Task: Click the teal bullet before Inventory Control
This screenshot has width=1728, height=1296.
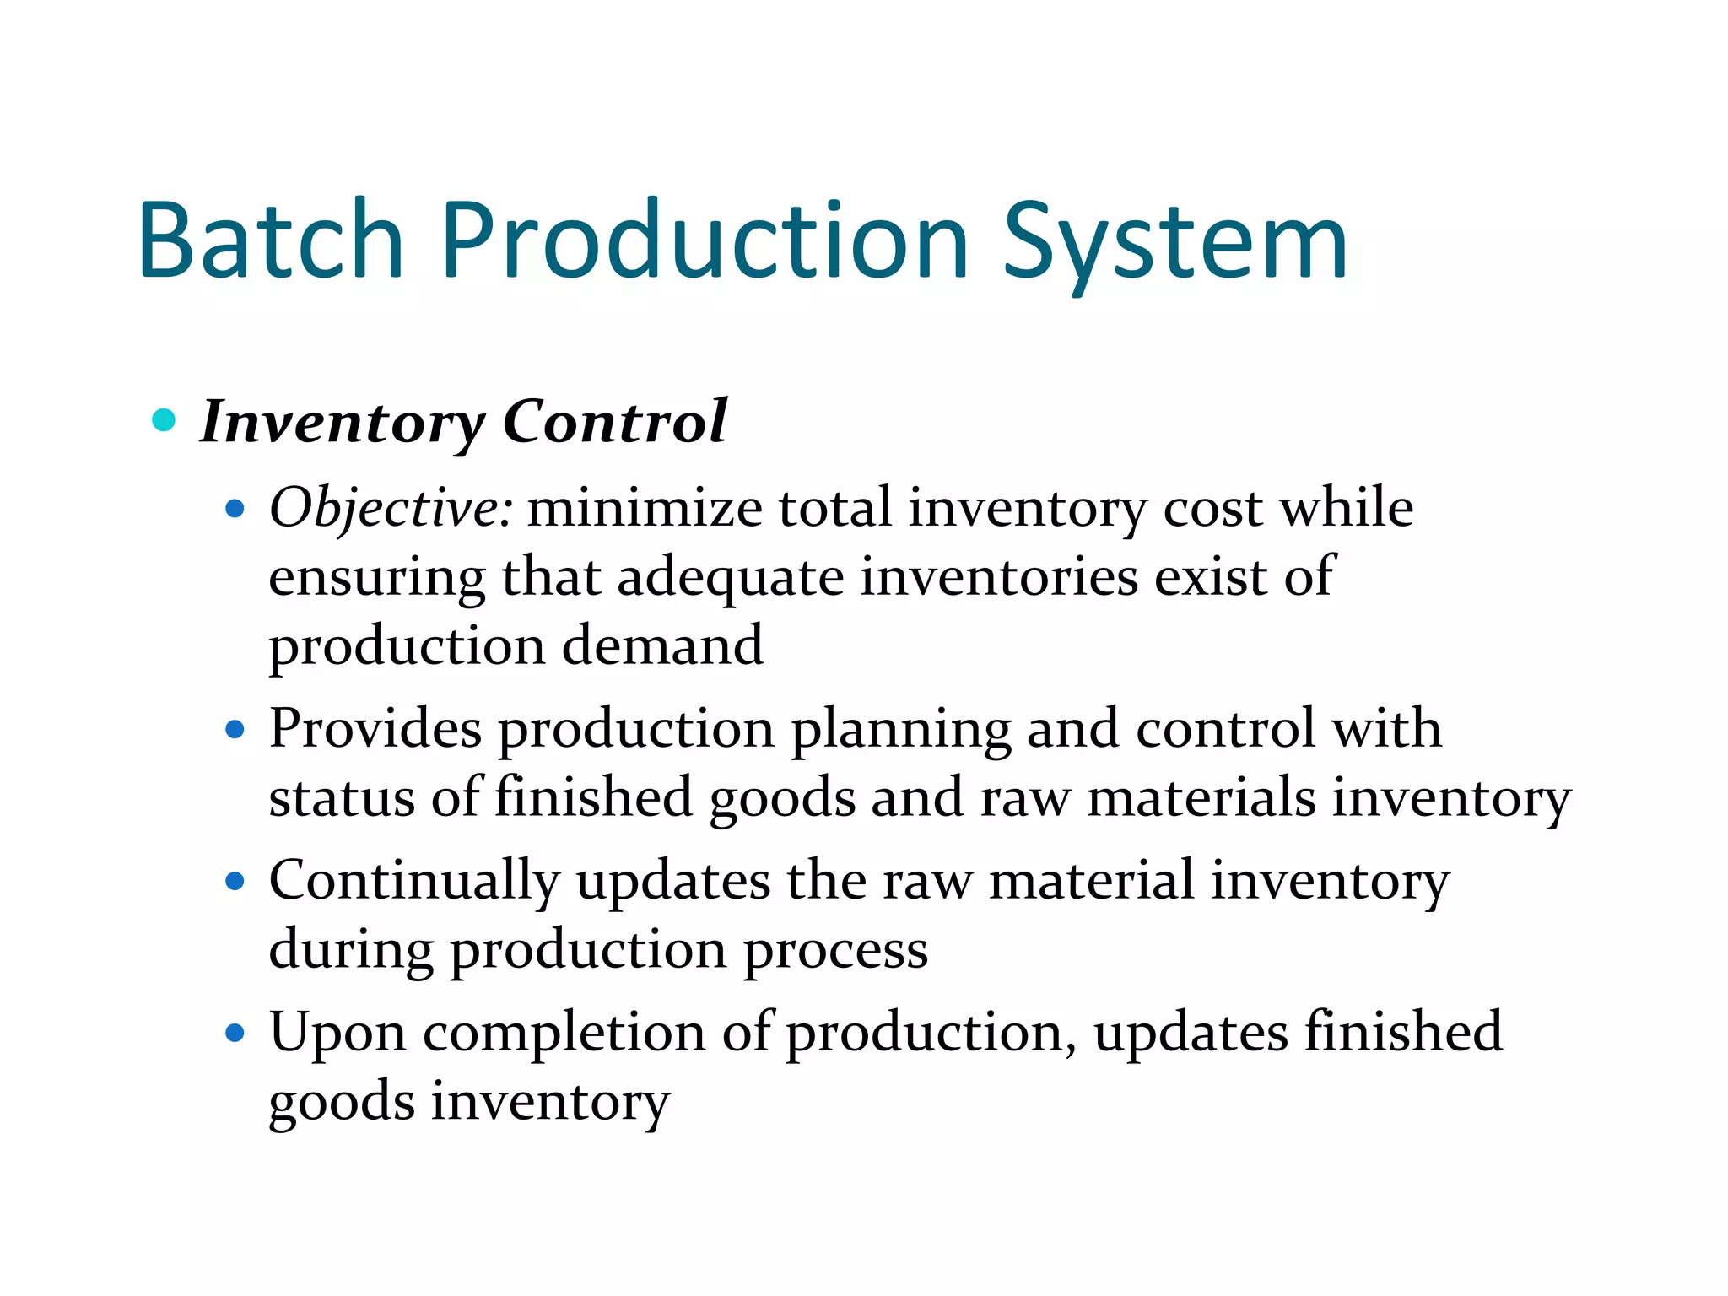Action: point(164,419)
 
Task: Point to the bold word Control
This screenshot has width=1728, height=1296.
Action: point(614,421)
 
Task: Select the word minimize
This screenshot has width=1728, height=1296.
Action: point(645,509)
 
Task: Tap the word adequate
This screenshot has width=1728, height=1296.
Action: point(730,579)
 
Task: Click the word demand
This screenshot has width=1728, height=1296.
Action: point(662,646)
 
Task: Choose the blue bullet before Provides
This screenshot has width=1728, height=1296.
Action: point(235,729)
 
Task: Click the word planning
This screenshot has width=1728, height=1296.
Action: point(900,731)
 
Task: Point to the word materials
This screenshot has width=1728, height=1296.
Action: point(1201,798)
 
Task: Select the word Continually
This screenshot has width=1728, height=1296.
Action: point(414,883)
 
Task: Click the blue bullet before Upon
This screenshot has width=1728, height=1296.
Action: point(235,1033)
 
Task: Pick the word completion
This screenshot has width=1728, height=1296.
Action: point(564,1034)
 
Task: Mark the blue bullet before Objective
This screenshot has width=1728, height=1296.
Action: point(235,509)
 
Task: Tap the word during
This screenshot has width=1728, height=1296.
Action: point(350,949)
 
